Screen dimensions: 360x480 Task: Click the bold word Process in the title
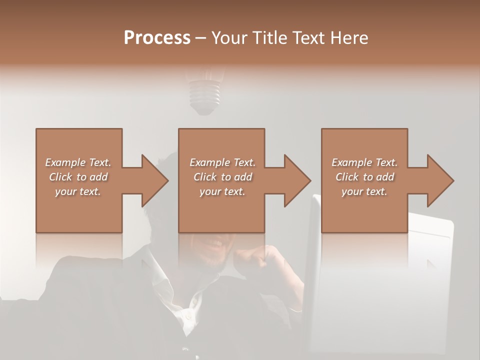point(157,38)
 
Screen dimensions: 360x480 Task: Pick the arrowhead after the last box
point(439,180)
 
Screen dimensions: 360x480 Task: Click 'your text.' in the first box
point(78,191)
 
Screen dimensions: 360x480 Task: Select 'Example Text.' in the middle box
point(222,162)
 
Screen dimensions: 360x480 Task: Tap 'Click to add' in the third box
point(364,177)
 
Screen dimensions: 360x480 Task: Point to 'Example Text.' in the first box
point(78,162)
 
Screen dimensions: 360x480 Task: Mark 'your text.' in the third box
point(364,191)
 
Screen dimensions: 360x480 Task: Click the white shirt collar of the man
point(165,280)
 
